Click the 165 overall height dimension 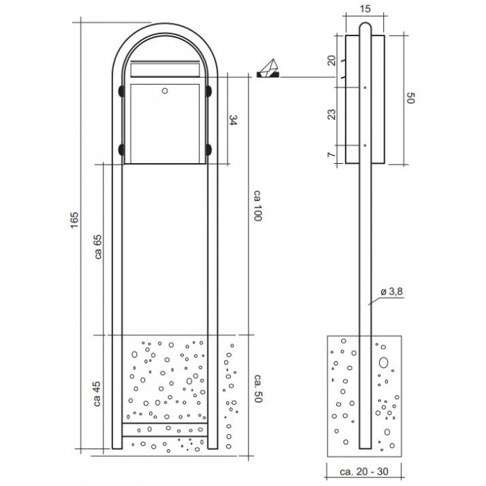tap(75, 220)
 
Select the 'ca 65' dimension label tap(99, 246)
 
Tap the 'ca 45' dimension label tap(97, 394)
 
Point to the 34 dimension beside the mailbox tap(233, 120)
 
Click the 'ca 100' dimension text tap(258, 206)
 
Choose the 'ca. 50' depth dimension tap(258, 388)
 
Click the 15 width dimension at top tap(366, 8)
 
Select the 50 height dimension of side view tap(410, 98)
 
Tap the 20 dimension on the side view tap(332, 60)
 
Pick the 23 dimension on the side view tap(332, 114)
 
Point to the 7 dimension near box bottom tap(332, 154)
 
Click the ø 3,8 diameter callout tap(392, 292)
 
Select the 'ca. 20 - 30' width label tap(364, 471)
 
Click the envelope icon tap(268, 69)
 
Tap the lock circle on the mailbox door tap(165, 91)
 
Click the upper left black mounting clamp tap(121, 91)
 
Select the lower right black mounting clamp tap(208, 149)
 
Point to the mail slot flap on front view tap(165, 69)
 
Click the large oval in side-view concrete tap(383, 362)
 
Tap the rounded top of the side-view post tap(364, 26)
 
